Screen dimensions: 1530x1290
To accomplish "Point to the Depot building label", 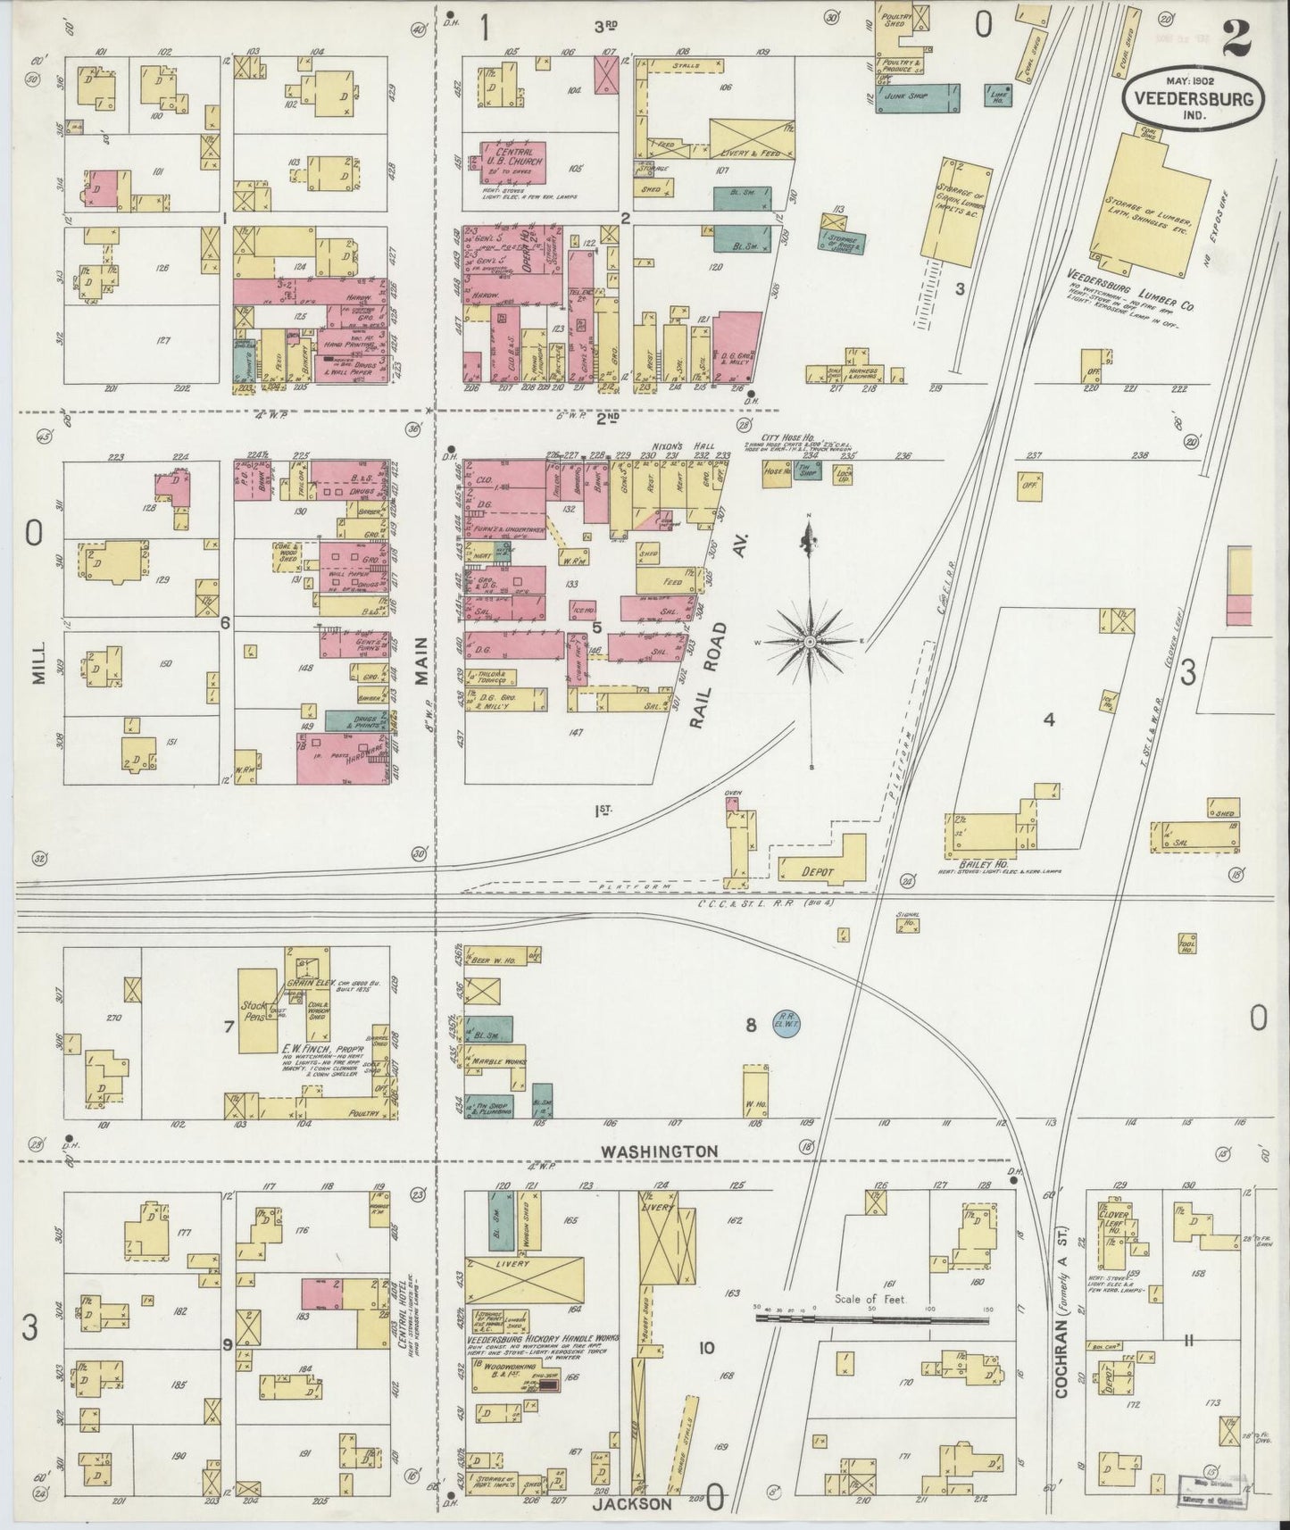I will pyautogui.click(x=817, y=871).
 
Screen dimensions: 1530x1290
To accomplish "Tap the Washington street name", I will pyautogui.click(x=659, y=1152).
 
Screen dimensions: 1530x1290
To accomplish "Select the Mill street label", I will pyautogui.click(x=38, y=666).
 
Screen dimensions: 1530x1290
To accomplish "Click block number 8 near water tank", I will pyautogui.click(x=752, y=1026).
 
